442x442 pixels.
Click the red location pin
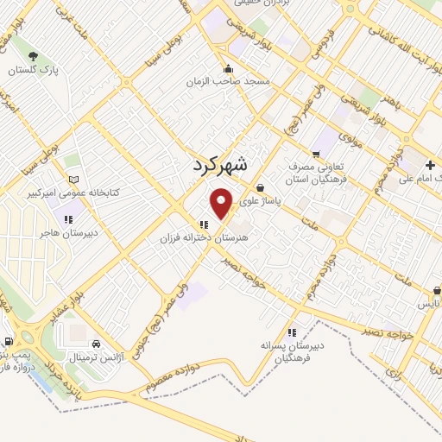tap(222, 203)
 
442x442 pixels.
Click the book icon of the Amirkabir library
tap(73, 180)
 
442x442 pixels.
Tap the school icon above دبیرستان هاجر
tap(66, 220)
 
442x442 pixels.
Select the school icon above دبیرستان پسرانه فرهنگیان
tap(292, 331)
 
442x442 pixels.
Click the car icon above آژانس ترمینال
tap(96, 340)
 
